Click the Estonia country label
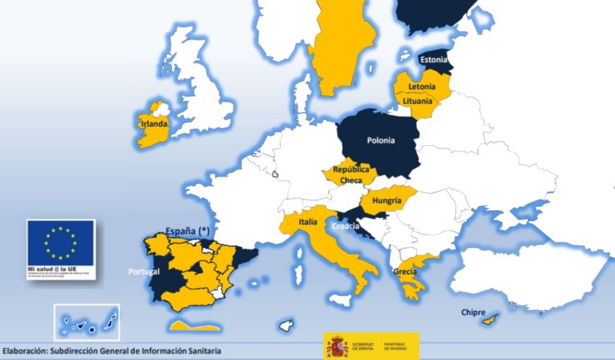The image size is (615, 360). click(x=434, y=60)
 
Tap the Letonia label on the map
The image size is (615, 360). click(x=421, y=87)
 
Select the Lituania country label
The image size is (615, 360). click(x=417, y=101)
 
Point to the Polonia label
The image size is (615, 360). click(x=381, y=140)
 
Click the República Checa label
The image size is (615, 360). click(x=351, y=174)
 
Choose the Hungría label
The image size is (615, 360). click(x=386, y=201)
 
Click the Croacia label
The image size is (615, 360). click(x=346, y=227)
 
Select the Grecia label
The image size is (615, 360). click(x=405, y=272)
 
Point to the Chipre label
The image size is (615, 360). click(x=473, y=312)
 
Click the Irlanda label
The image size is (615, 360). click(x=153, y=124)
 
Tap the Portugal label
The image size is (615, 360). click(x=144, y=271)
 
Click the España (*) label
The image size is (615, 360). click(x=186, y=231)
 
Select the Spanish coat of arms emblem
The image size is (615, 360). click(x=337, y=346)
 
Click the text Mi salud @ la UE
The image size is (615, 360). click(x=52, y=268)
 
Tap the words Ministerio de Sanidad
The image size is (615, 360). click(x=395, y=346)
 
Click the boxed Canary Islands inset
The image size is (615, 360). click(x=86, y=322)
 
